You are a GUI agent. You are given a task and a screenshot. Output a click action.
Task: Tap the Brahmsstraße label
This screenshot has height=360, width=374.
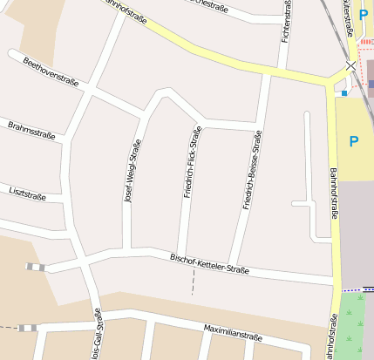coord(31,132)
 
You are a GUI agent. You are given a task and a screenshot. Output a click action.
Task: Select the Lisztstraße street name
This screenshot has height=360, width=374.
coord(27,194)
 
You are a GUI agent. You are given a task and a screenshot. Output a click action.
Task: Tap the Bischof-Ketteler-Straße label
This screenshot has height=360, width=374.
coord(209,263)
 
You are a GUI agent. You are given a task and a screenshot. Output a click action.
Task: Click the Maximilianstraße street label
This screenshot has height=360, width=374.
coord(233,333)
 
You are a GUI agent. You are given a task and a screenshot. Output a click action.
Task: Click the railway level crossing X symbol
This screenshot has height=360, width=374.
coord(351,65)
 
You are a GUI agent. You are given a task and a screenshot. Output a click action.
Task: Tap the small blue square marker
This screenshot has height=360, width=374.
coord(344,92)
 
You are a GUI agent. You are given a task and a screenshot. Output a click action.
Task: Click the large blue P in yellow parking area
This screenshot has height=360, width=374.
coord(354,140)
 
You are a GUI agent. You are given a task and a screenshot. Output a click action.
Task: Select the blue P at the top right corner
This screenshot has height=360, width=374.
coord(364,14)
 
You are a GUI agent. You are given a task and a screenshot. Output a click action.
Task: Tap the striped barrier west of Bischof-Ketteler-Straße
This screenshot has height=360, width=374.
coord(34,267)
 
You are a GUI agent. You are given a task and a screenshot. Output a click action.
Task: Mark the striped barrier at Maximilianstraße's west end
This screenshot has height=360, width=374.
coord(29,328)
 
